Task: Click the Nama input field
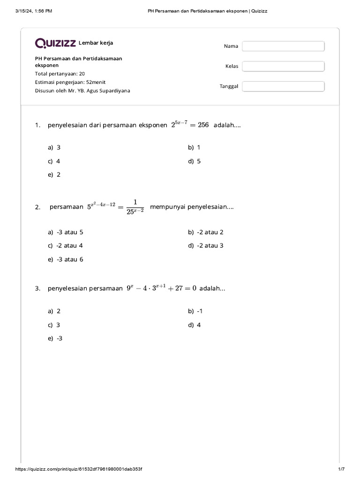pos(283,46)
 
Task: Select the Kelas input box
pos(283,66)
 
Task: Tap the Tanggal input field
pos(283,86)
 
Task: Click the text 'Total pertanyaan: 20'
pos(60,74)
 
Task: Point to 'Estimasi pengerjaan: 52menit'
pos(70,82)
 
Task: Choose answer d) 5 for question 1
pos(195,161)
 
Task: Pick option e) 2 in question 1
pos(54,174)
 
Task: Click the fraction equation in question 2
pos(115,207)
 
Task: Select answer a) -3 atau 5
pos(66,232)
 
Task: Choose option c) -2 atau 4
pos(65,245)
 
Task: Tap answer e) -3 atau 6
pos(66,259)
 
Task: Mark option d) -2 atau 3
pos(206,245)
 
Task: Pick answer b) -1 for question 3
pos(195,311)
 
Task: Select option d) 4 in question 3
pos(195,325)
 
